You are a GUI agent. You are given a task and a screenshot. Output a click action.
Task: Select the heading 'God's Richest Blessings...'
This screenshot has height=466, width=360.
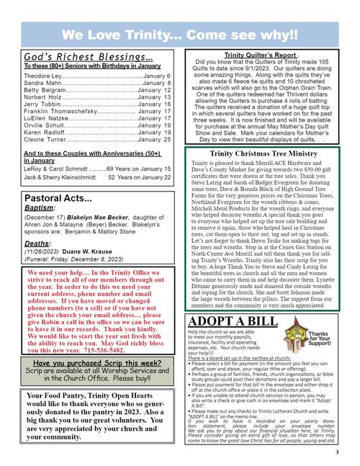(x=88, y=57)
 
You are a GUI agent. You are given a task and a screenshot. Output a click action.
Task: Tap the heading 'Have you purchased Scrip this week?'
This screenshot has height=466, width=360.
(x=97, y=364)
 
